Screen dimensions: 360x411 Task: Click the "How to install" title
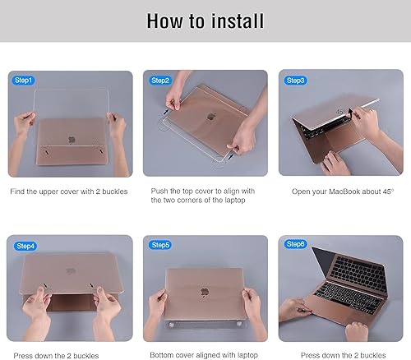click(x=205, y=21)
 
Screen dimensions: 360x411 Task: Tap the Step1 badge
click(x=24, y=81)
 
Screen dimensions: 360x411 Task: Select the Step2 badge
click(x=159, y=81)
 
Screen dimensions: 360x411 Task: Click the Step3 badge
click(x=295, y=81)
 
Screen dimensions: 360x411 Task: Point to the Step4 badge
click(x=25, y=245)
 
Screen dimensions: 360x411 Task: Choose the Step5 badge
click(x=159, y=245)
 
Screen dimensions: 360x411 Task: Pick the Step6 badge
click(x=295, y=245)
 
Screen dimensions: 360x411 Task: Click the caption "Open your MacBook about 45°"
click(x=342, y=191)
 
